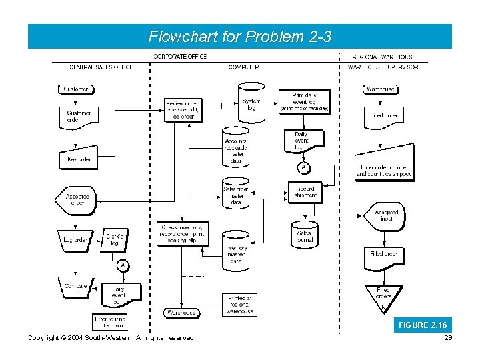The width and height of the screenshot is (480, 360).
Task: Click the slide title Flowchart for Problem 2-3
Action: click(x=239, y=36)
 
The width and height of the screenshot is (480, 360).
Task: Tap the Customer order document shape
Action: click(x=79, y=117)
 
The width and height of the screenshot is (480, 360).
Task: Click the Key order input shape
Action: click(x=79, y=159)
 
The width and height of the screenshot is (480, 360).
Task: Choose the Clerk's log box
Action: click(x=115, y=239)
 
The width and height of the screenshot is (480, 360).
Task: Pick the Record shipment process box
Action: click(x=305, y=193)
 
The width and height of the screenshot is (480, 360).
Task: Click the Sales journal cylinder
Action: click(x=304, y=235)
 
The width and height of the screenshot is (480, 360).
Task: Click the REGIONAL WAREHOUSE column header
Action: click(x=383, y=57)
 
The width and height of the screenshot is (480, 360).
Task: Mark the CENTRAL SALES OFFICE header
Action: click(x=101, y=67)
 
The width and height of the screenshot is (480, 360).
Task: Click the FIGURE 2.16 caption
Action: click(x=422, y=325)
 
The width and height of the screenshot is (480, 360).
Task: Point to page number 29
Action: click(x=447, y=338)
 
